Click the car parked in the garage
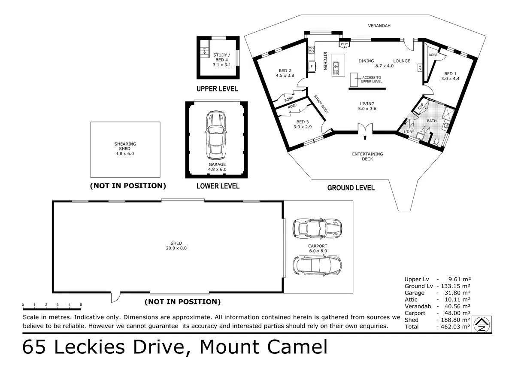216,135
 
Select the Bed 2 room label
285,73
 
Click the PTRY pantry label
344,45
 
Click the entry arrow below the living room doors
365,138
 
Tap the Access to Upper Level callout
371,79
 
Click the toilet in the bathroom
436,142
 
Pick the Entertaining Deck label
367,156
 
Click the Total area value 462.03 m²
453,327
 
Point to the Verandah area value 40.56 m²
453,306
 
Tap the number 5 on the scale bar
81,305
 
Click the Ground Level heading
351,188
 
